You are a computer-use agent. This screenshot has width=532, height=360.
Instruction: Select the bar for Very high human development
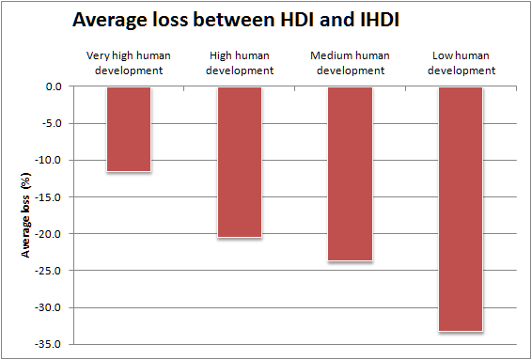tap(129, 129)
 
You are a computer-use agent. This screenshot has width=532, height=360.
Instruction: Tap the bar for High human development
tap(239, 162)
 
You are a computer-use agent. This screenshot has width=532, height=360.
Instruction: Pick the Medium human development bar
tap(350, 174)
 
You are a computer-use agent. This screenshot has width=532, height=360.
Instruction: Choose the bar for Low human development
tap(461, 209)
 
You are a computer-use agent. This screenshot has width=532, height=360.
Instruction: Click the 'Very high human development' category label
tap(129, 63)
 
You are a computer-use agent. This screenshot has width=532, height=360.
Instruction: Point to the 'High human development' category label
tap(239, 63)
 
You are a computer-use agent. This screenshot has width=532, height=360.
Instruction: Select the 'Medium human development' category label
tap(350, 63)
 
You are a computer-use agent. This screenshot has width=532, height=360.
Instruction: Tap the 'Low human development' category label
tap(461, 63)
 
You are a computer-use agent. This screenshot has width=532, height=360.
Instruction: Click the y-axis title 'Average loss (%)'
tap(27, 214)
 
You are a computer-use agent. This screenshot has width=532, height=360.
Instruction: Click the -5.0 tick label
tap(55, 123)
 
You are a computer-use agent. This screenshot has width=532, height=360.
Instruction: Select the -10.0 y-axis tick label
tap(52, 160)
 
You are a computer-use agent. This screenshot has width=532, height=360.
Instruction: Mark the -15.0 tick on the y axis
tap(52, 196)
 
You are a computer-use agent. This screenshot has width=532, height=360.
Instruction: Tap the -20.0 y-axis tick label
tap(52, 234)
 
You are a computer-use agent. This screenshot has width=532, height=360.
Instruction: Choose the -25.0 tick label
tap(52, 271)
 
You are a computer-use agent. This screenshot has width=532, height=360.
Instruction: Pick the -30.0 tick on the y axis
tap(52, 307)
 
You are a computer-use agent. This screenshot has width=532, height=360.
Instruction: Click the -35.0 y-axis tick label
tap(52, 344)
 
